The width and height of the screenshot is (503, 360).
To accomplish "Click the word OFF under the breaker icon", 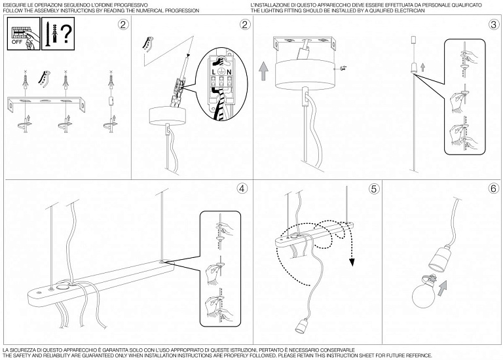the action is [16, 42].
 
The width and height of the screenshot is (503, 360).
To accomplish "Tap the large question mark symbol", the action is [66, 34].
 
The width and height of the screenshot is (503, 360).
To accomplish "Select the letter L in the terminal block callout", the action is [214, 72].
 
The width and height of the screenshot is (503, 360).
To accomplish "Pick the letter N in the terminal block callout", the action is [229, 72].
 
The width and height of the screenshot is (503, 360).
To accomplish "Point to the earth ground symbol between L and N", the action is [221, 71].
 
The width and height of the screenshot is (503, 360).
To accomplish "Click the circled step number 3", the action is [494, 25].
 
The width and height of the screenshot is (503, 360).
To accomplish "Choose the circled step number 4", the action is [242, 189].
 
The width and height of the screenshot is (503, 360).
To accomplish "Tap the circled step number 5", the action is [374, 189].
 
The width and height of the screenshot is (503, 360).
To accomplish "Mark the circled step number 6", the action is [494, 189].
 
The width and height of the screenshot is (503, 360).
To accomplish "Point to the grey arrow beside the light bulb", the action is [441, 287].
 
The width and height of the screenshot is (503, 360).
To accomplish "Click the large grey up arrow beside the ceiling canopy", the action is [264, 71].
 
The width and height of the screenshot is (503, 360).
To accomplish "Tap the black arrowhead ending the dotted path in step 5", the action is [352, 262].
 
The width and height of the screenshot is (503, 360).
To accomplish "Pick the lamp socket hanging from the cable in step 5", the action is [300, 327].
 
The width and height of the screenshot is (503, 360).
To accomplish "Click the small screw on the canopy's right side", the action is [342, 68].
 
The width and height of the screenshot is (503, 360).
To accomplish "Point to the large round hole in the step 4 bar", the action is [64, 285].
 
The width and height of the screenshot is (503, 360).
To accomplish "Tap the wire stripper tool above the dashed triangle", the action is [147, 44].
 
